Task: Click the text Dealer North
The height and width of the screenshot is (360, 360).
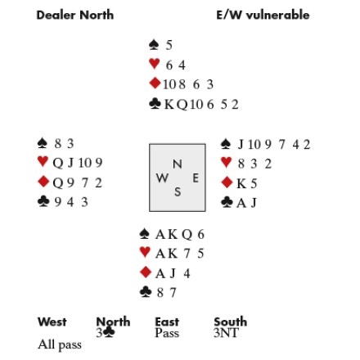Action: click(x=75, y=15)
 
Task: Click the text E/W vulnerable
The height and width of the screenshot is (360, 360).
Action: click(x=263, y=15)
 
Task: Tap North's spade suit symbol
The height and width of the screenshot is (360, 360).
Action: click(x=154, y=45)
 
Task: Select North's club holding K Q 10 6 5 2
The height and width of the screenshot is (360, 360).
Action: click(x=201, y=105)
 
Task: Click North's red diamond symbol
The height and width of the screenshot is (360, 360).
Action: click(x=155, y=83)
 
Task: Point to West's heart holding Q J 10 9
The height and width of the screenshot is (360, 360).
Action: click(x=78, y=163)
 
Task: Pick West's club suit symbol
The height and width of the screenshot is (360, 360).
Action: click(x=43, y=202)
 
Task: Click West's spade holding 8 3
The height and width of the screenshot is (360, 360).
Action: click(x=64, y=143)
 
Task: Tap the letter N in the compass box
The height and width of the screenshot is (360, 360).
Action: click(x=178, y=164)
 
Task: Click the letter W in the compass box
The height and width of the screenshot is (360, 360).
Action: click(x=162, y=178)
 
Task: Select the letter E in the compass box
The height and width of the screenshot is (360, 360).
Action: click(x=196, y=178)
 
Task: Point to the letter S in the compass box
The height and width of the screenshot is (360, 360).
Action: click(x=178, y=192)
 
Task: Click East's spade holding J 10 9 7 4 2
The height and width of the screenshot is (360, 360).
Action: click(x=274, y=145)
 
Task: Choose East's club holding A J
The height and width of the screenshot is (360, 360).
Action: click(x=246, y=203)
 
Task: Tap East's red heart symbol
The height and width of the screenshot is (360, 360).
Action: click(x=226, y=163)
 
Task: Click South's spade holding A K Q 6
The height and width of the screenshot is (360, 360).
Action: click(x=180, y=235)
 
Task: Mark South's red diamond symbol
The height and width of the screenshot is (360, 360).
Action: click(x=146, y=272)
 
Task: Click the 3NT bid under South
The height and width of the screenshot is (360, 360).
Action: click(x=227, y=333)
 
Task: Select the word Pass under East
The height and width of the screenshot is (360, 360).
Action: click(x=167, y=333)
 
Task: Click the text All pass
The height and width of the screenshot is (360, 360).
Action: click(x=60, y=344)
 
